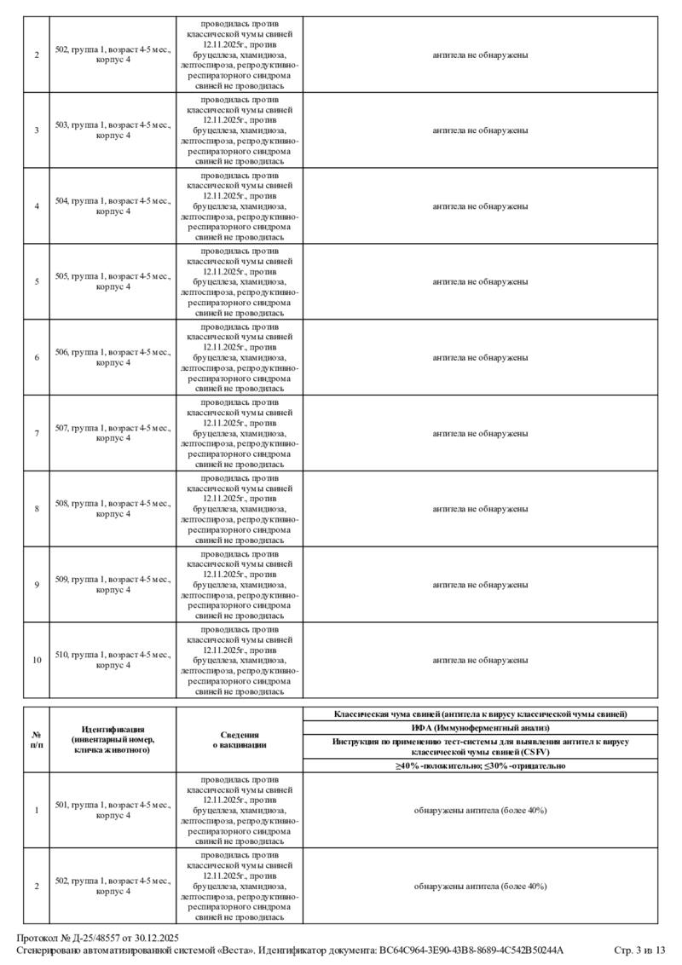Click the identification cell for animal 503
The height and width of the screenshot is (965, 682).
click(x=113, y=130)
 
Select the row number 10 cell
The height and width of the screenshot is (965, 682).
click(x=37, y=661)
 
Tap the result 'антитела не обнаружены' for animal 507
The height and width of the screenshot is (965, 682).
click(x=480, y=433)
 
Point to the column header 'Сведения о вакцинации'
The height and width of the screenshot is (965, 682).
click(x=240, y=740)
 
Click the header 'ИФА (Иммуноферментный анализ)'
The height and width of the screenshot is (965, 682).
click(x=480, y=727)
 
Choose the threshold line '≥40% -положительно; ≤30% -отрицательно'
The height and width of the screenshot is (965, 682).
click(x=480, y=766)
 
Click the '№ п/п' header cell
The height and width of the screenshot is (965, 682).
click(x=37, y=740)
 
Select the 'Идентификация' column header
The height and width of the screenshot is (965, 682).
click(x=113, y=740)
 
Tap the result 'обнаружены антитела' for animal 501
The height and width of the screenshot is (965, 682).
click(x=480, y=810)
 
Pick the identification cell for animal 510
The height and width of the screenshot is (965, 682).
click(x=113, y=661)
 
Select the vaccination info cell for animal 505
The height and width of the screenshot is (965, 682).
click(x=240, y=282)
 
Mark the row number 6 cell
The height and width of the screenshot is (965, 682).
click(x=37, y=357)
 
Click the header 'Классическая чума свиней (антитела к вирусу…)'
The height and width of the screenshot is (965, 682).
click(x=480, y=714)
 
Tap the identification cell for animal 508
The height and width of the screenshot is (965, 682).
click(x=113, y=509)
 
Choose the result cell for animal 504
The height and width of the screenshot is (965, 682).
click(x=480, y=206)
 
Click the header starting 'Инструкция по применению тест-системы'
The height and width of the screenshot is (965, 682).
click(x=480, y=747)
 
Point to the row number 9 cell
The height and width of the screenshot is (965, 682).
click(x=37, y=585)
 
